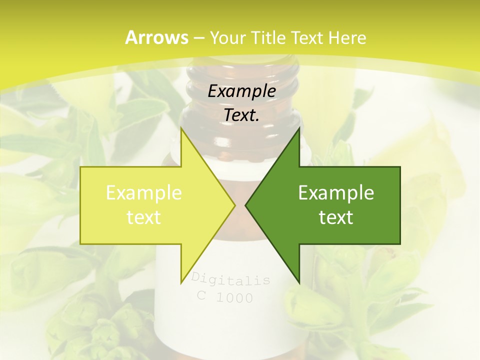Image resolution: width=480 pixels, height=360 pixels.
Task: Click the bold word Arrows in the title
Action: pos(156,37)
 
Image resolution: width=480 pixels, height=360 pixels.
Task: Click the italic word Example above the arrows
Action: pos(242,91)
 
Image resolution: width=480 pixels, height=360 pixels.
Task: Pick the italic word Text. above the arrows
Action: pos(242,115)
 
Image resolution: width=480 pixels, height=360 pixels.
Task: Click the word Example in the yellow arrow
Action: pos(144,193)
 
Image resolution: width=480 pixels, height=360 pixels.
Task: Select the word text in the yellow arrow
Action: pos(144,217)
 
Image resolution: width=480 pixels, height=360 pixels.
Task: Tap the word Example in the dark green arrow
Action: pos(336,193)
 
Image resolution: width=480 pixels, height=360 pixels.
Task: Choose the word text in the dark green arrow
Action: pos(336,217)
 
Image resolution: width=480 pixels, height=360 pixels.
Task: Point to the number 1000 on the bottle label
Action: pos(234,298)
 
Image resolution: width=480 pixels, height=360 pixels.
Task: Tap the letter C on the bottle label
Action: pos(201,295)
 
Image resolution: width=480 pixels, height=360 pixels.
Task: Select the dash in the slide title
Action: pos(198,38)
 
